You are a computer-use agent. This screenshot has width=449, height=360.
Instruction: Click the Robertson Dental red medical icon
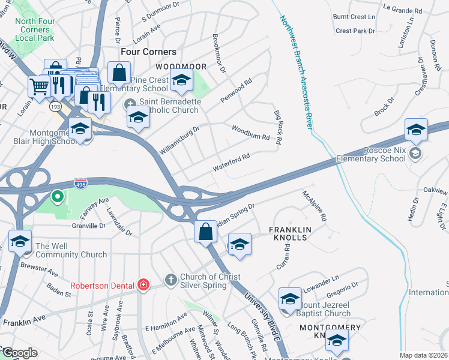143,284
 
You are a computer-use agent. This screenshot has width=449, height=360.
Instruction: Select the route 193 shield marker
55,106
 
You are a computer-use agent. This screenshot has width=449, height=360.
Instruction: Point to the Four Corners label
148,52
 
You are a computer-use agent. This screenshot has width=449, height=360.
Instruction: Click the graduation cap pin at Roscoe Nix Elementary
416,130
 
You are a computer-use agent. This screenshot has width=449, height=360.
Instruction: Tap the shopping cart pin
40,86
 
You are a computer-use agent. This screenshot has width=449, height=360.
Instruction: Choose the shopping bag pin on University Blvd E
205,232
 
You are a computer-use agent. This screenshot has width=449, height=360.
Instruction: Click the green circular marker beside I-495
58,196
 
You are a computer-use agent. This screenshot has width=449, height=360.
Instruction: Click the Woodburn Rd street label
250,132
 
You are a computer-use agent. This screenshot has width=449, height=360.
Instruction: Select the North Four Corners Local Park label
34,29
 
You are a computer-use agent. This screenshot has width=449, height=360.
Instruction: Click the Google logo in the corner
19,353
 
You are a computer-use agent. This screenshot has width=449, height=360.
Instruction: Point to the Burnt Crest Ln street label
355,17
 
